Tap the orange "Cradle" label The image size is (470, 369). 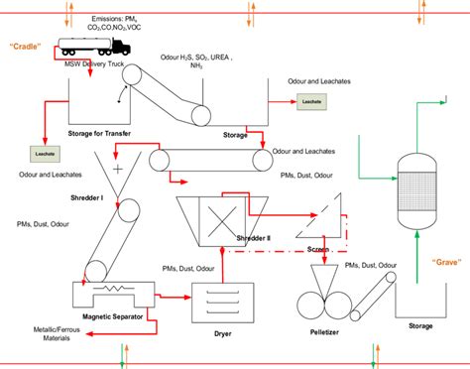pos(27,47)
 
